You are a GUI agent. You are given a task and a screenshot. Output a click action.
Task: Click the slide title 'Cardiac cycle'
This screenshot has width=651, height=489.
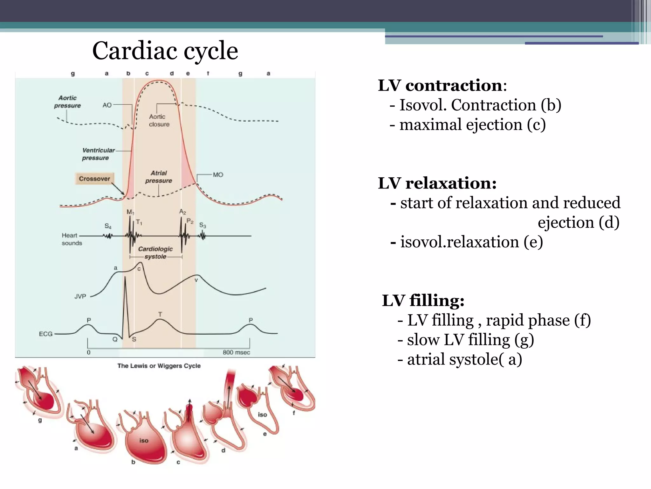pos(165,51)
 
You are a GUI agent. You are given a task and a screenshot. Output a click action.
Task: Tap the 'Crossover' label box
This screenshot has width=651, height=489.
pos(94,179)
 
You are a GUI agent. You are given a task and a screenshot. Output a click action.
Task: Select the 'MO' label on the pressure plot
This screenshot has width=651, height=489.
pos(218,175)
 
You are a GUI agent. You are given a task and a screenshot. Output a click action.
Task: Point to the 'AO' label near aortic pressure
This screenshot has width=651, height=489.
pos(107,105)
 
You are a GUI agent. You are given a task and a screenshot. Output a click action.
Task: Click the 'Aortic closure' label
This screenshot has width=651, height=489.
pos(159,121)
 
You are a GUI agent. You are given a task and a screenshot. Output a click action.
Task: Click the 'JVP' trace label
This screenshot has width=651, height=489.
pos(80,296)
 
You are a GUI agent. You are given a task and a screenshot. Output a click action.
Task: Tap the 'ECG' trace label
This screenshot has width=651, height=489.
pos(46,334)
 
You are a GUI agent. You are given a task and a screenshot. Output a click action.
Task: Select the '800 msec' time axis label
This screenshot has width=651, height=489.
pos(236,352)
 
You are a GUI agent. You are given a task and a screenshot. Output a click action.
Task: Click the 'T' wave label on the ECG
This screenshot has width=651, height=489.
pos(160,315)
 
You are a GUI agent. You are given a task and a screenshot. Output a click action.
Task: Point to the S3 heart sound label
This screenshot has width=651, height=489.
pos(202,225)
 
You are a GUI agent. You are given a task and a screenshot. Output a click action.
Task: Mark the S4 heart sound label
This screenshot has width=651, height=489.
pos(108,226)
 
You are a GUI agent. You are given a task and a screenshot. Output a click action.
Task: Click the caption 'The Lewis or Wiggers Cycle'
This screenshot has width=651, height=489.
pos(159,366)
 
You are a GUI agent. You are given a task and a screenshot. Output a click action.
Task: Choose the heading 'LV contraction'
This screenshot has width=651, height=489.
pos(441,85)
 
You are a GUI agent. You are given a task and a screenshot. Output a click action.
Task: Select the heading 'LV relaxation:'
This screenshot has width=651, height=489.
pos(437,183)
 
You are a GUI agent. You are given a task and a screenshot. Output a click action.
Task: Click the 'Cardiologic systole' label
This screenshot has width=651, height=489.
pos(155,253)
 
